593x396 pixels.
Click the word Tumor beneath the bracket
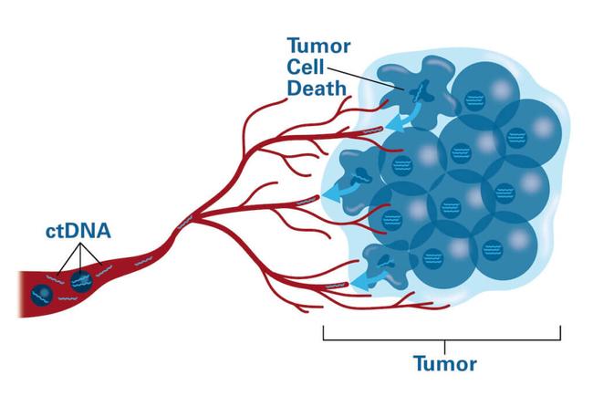coord(445,364)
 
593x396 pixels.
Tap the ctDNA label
coord(78,231)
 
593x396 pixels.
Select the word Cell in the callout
coord(306,68)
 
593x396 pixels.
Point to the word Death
coord(317,89)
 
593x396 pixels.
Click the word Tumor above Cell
coord(318,46)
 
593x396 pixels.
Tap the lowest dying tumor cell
coord(387,265)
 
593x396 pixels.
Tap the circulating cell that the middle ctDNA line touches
coord(81,282)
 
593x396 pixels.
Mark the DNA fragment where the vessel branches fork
coord(185,223)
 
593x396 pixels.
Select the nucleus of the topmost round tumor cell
coord(475,100)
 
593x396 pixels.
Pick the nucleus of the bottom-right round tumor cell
coord(493,250)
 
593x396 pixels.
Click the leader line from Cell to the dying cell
coord(366,78)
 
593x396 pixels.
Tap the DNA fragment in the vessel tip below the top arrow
coord(373,130)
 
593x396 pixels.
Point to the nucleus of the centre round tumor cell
coord(451,208)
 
